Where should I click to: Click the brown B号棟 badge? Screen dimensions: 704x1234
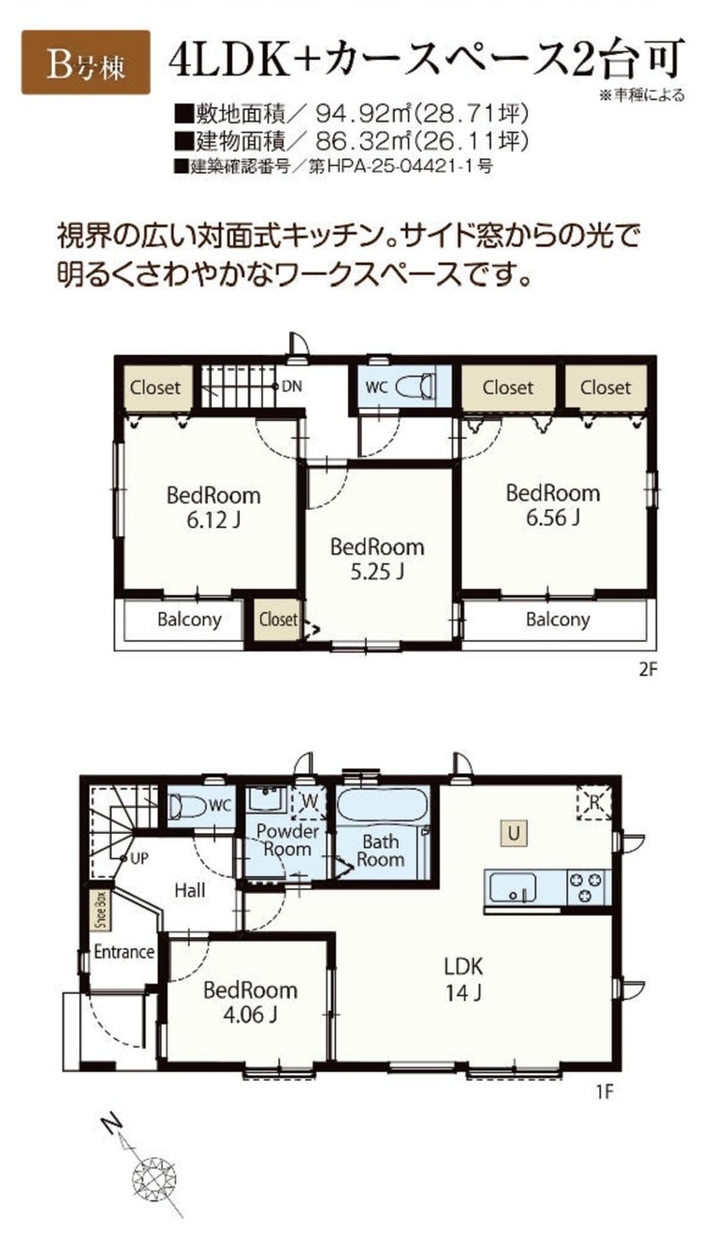pyautogui.click(x=86, y=63)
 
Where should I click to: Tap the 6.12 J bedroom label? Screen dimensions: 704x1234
pyautogui.click(x=214, y=507)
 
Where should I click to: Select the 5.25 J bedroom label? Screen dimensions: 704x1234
pyautogui.click(x=378, y=559)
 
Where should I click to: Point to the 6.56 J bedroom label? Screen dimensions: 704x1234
pyautogui.click(x=553, y=504)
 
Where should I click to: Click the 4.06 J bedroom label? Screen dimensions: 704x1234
pyautogui.click(x=250, y=1002)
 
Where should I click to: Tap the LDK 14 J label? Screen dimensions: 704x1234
pyautogui.click(x=463, y=979)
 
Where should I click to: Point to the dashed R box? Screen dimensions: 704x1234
pyautogui.click(x=594, y=804)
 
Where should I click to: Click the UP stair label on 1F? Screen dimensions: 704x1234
pyautogui.click(x=139, y=859)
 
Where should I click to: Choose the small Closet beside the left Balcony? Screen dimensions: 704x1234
pyautogui.click(x=278, y=619)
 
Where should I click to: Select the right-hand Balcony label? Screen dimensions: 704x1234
pyautogui.click(x=558, y=620)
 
